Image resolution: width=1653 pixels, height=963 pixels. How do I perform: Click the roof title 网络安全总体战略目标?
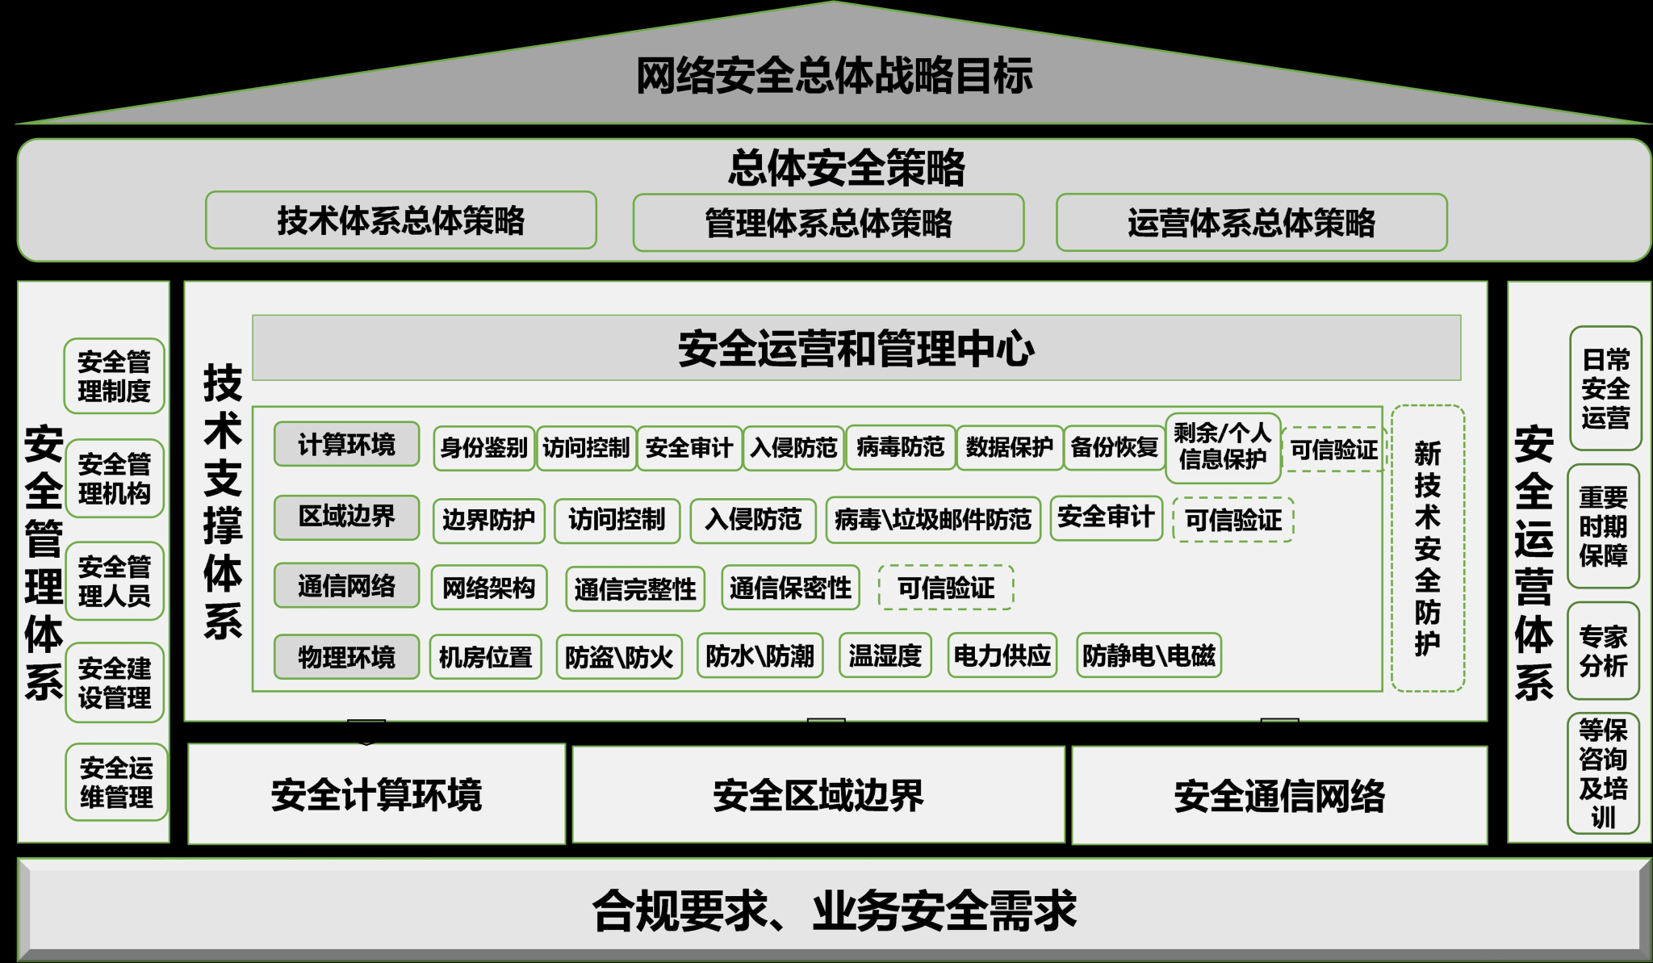(x=834, y=76)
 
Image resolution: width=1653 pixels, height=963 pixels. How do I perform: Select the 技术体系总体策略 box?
(x=401, y=220)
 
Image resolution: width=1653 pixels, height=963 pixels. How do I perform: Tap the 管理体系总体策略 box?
(x=828, y=223)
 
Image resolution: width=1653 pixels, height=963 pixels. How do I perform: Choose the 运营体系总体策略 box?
(x=1251, y=223)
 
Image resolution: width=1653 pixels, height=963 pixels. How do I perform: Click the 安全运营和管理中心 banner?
(x=856, y=348)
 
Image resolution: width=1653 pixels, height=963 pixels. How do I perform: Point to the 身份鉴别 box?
(x=483, y=447)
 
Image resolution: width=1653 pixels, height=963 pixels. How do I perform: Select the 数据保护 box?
(x=1009, y=447)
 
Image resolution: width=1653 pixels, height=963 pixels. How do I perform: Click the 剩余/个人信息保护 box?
(x=1222, y=446)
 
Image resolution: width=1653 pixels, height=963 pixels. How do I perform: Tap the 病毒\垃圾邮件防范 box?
(x=933, y=519)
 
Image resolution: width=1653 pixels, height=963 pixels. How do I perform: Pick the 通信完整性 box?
(x=635, y=588)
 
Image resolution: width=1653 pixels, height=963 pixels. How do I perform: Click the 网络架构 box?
(x=489, y=588)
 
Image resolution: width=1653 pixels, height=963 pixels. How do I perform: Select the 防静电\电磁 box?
(x=1149, y=655)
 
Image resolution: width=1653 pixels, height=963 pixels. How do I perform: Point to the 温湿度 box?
(x=885, y=655)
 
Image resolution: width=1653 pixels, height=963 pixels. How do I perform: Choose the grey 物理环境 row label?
(x=346, y=656)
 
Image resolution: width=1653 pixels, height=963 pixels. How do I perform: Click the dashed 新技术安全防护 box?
(x=1427, y=548)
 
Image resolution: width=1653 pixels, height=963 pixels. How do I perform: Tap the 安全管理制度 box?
(x=114, y=376)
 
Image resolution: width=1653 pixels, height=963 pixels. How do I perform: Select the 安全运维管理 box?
(x=116, y=782)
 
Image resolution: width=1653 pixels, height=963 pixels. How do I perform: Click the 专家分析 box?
(x=1603, y=651)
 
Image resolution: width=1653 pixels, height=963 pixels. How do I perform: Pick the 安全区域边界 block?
(x=818, y=795)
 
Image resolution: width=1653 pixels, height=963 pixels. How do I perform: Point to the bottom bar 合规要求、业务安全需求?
(x=834, y=910)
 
